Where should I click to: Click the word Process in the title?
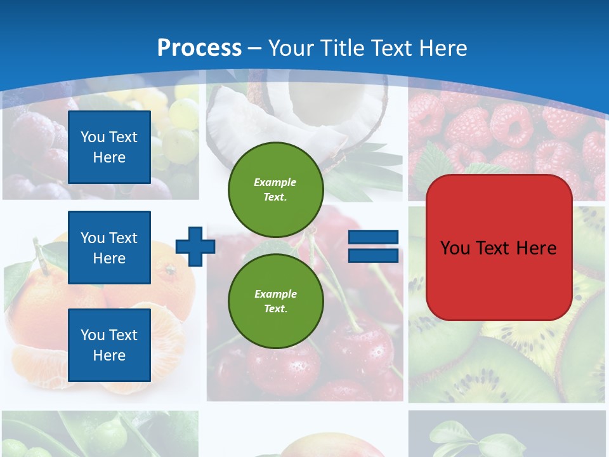tap(199, 48)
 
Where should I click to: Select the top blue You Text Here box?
tap(109, 147)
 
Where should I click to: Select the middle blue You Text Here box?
tap(109, 248)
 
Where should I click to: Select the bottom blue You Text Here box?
tap(109, 345)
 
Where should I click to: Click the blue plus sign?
tap(195, 246)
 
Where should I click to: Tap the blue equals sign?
tap(373, 246)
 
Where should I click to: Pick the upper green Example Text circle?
tap(276, 190)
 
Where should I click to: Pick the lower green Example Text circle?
tap(276, 301)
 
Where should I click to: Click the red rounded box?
tap(499, 248)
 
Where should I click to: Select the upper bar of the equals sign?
tap(373, 237)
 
